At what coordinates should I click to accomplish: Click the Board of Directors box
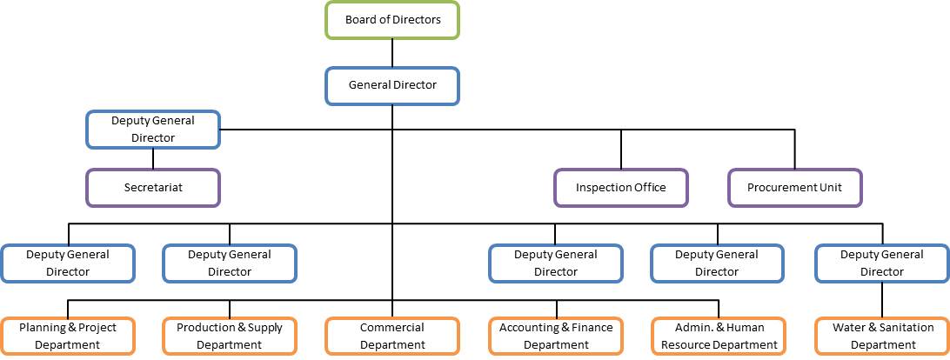pyautogui.click(x=392, y=20)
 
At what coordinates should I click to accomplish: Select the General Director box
pyautogui.click(x=392, y=86)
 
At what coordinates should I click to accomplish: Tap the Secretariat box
pyautogui.click(x=153, y=187)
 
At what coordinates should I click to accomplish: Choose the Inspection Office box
pyautogui.click(x=621, y=187)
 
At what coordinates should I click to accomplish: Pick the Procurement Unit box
pyautogui.click(x=794, y=187)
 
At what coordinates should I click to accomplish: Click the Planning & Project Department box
pyautogui.click(x=68, y=336)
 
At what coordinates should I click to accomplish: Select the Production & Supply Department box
pyautogui.click(x=230, y=336)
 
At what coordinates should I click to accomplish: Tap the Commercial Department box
pyautogui.click(x=392, y=336)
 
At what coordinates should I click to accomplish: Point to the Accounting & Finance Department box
pyautogui.click(x=556, y=336)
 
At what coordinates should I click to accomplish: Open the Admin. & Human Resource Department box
pyautogui.click(x=719, y=336)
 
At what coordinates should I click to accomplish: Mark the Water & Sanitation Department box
pyautogui.click(x=882, y=336)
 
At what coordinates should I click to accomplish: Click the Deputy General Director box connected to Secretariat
pyautogui.click(x=153, y=129)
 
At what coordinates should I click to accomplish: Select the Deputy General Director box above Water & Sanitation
pyautogui.click(x=882, y=263)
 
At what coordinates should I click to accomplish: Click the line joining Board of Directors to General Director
pyautogui.click(x=392, y=53)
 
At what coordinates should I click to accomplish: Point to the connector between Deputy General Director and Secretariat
pyautogui.click(x=153, y=157)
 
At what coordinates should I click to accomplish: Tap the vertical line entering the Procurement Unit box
pyautogui.click(x=794, y=150)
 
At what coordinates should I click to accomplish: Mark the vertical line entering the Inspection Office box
pyautogui.click(x=621, y=150)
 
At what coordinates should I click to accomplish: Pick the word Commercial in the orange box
pyautogui.click(x=392, y=328)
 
